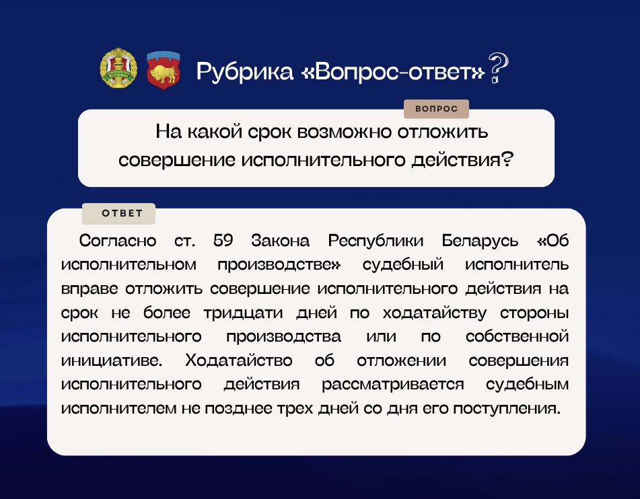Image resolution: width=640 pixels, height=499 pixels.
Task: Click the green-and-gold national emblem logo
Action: coord(118,69)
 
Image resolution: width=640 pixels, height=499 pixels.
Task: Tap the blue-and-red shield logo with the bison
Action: coord(163,69)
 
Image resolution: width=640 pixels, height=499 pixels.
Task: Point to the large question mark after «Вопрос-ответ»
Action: coord(497,68)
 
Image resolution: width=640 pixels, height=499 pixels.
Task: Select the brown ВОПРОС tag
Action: coord(436,109)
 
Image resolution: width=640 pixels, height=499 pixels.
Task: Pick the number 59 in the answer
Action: coord(223,241)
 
